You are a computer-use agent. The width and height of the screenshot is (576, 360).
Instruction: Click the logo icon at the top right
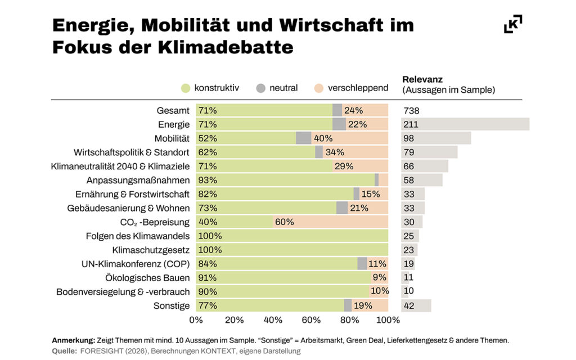click(512, 24)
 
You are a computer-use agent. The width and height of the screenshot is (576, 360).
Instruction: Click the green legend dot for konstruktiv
click(186, 88)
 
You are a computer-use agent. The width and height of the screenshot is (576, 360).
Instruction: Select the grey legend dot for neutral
click(260, 88)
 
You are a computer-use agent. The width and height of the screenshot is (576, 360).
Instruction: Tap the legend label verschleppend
click(358, 88)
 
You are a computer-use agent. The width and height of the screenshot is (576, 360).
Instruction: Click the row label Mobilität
click(172, 138)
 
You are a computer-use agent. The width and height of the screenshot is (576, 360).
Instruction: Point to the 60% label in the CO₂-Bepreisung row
click(284, 222)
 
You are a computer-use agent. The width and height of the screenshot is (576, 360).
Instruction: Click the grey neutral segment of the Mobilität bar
click(303, 138)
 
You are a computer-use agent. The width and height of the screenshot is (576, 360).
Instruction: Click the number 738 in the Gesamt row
click(411, 111)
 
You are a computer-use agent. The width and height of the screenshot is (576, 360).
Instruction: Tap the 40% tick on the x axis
click(273, 320)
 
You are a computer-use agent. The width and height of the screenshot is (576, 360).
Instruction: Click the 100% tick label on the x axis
click(388, 320)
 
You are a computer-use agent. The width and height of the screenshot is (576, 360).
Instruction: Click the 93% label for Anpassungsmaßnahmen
click(207, 180)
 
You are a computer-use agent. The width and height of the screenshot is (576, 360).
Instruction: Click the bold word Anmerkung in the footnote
click(73, 340)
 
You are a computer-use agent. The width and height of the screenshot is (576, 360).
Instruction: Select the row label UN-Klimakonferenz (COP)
click(140, 264)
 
